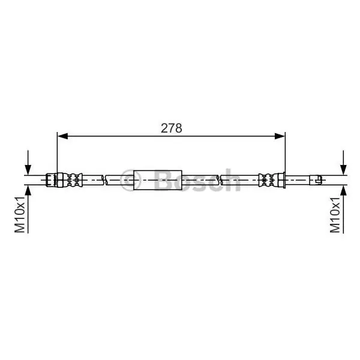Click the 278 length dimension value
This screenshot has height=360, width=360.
click(x=171, y=128)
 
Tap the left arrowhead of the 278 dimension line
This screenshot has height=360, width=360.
click(x=62, y=136)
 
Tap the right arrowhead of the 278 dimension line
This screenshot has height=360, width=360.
click(x=280, y=136)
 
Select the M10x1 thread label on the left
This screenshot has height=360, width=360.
click(x=20, y=215)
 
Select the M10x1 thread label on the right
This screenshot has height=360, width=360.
click(x=335, y=215)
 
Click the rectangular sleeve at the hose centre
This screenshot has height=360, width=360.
click(x=158, y=180)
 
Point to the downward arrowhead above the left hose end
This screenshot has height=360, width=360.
click(x=28, y=169)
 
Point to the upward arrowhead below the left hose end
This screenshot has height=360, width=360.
click(x=28, y=191)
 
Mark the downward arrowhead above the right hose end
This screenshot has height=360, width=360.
click(x=343, y=169)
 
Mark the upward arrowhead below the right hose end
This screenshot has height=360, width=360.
click(x=343, y=191)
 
